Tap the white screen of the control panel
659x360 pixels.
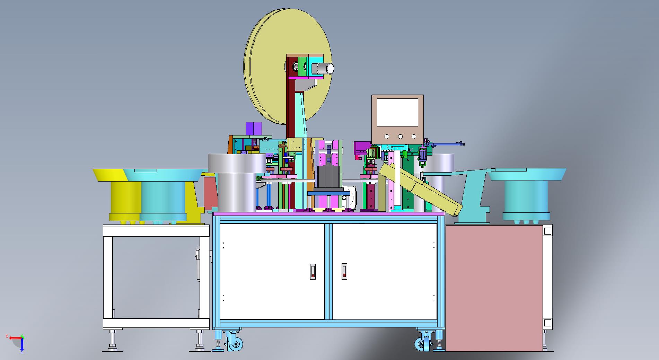pos(397,112)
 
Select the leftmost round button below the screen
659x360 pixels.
pos(387,137)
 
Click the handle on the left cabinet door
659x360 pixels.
pos(313,271)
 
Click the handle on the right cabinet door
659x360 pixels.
pos(344,271)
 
